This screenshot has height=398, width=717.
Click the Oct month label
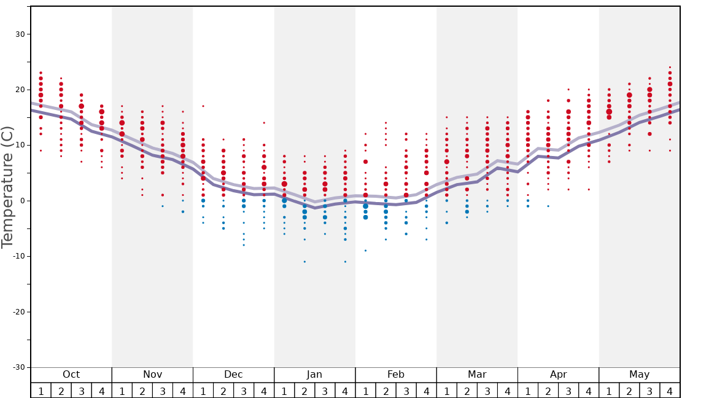(x=71, y=375)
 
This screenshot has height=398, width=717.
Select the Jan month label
(x=314, y=375)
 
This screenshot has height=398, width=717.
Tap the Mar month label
(x=477, y=375)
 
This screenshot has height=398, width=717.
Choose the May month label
(x=639, y=375)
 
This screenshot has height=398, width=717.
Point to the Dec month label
(x=233, y=375)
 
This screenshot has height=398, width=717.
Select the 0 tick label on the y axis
(x=21, y=201)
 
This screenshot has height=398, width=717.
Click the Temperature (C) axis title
(x=7, y=187)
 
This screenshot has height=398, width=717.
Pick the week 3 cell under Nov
(x=163, y=391)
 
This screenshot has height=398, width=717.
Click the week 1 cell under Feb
(x=365, y=391)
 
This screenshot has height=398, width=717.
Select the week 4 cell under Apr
(x=589, y=391)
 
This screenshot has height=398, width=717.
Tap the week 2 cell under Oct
(x=61, y=391)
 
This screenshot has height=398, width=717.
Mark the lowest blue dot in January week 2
(x=304, y=262)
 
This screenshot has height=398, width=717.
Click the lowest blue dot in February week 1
(x=365, y=251)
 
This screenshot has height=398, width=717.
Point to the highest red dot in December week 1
(x=203, y=106)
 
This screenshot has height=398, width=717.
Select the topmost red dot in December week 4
(x=264, y=123)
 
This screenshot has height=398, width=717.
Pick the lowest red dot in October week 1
(x=41, y=150)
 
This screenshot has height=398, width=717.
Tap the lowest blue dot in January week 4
(x=345, y=262)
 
